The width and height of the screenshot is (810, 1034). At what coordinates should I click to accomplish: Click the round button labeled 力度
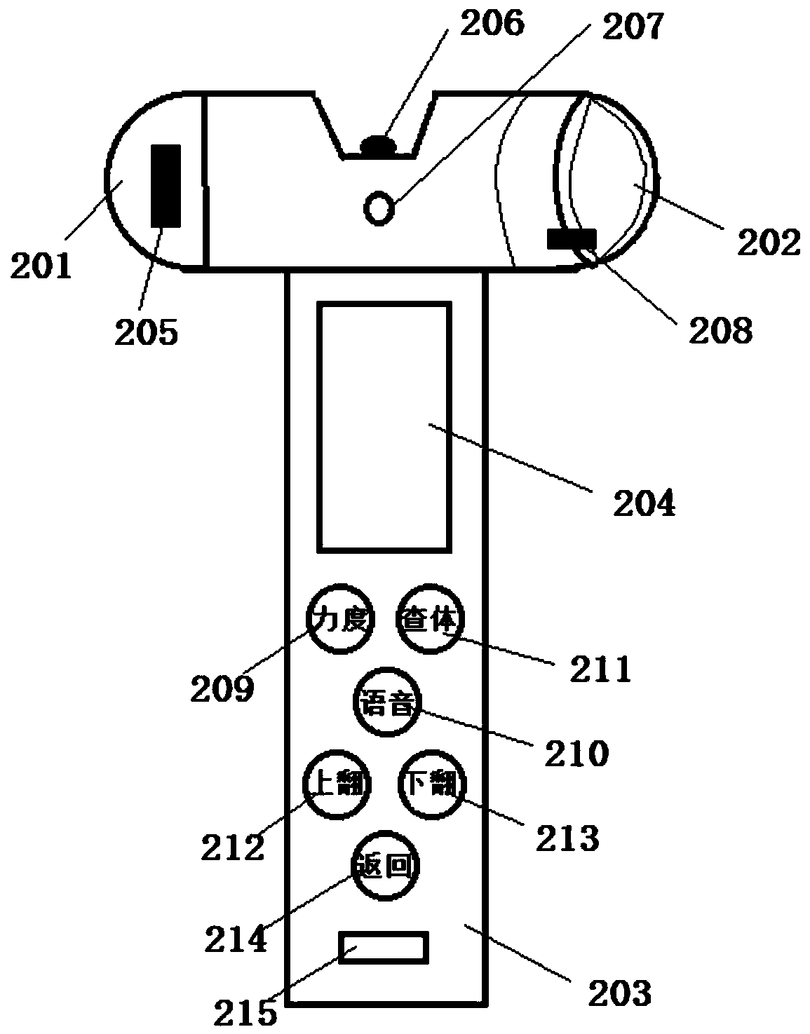[340, 620]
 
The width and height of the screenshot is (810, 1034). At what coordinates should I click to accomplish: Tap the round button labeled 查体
[430, 620]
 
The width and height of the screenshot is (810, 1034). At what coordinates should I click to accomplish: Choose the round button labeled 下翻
[431, 785]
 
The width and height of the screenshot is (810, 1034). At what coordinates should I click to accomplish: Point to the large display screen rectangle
[384, 426]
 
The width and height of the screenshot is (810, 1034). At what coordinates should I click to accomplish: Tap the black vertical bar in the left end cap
[166, 186]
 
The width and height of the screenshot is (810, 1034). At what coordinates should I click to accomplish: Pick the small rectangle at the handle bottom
[383, 948]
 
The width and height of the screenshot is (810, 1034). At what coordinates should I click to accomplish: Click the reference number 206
[492, 25]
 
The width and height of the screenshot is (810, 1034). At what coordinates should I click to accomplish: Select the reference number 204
[644, 503]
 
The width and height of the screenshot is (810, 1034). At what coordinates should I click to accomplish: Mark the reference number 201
[41, 266]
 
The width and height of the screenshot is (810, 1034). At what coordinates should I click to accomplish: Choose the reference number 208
[720, 330]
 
